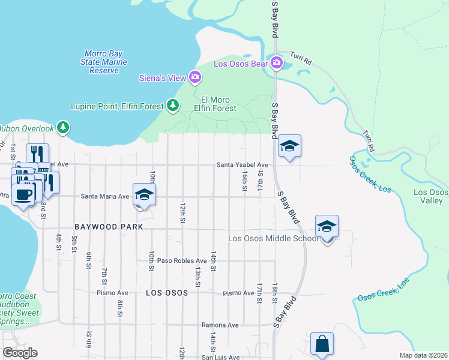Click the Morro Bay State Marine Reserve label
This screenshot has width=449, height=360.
coord(104,62)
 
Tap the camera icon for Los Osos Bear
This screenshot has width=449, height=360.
coord(276,62)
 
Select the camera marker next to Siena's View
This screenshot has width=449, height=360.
coord(194,77)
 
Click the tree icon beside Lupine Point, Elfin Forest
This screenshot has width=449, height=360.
coord(173,106)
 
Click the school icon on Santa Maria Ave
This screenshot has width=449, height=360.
coord(145,194)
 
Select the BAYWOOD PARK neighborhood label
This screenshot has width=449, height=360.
coord(109,227)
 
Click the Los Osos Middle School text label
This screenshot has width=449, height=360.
coord(273,239)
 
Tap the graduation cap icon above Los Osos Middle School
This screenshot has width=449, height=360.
coord(327,227)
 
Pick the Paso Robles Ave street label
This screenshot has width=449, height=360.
coord(181,260)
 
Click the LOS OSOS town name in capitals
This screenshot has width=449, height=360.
coord(167,293)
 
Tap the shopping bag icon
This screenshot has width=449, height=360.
coord(322,344)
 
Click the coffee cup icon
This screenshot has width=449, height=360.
coord(23,194)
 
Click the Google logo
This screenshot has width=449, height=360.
coord(19,353)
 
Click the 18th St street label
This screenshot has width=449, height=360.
coord(274,293)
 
